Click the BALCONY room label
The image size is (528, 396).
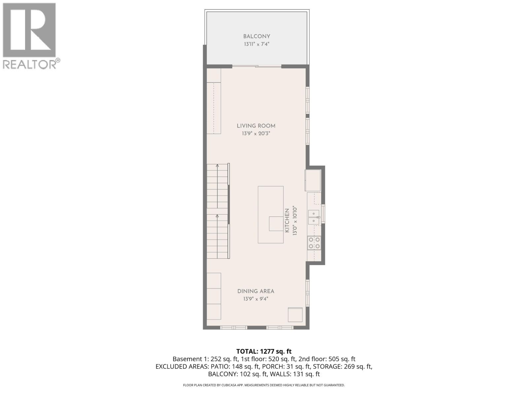click(257, 37)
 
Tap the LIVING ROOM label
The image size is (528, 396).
click(256, 126)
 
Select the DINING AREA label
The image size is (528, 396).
click(256, 291)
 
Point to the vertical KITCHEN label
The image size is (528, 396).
click(287, 220)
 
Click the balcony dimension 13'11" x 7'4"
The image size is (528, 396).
click(257, 44)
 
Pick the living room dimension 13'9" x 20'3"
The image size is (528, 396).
click(256, 134)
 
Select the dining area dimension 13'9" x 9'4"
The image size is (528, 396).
click(256, 299)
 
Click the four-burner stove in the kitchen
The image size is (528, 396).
click(314, 243)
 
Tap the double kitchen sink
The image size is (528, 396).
click(313, 217)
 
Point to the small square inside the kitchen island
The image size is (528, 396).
click(276, 224)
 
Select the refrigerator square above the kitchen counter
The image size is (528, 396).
click(313, 180)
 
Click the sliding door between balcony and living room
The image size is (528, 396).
click(257, 67)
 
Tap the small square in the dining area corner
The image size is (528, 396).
click(295, 314)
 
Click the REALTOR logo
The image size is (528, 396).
click(30, 36)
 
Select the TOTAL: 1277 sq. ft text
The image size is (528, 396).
click(264, 351)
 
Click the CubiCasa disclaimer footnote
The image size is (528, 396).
click(264, 385)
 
